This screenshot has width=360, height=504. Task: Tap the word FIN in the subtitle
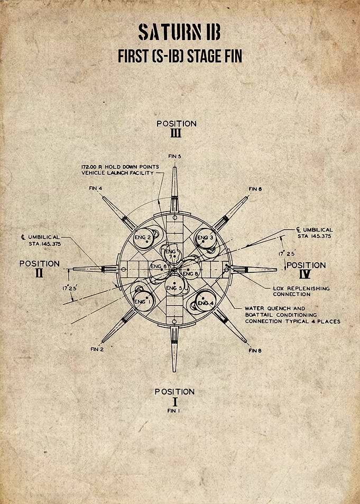(232, 56)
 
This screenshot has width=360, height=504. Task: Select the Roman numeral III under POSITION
(176, 133)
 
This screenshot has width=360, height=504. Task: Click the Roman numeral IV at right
(304, 274)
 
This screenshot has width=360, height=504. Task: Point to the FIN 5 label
(174, 156)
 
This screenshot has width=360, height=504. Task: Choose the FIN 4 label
(96, 188)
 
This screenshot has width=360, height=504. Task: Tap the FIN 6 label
(255, 189)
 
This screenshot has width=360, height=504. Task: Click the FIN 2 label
(97, 350)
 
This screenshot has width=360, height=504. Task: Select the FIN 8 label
(255, 350)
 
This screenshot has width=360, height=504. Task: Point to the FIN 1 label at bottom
(173, 410)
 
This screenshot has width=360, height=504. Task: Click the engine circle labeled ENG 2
(143, 238)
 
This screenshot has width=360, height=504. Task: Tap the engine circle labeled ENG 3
(206, 238)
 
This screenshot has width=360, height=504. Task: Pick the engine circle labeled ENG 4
(206, 301)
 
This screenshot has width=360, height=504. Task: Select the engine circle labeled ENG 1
(144, 300)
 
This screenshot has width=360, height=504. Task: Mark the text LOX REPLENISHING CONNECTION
(301, 291)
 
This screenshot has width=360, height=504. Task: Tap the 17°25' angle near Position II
(69, 288)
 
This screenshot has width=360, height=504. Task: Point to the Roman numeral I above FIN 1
(175, 402)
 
